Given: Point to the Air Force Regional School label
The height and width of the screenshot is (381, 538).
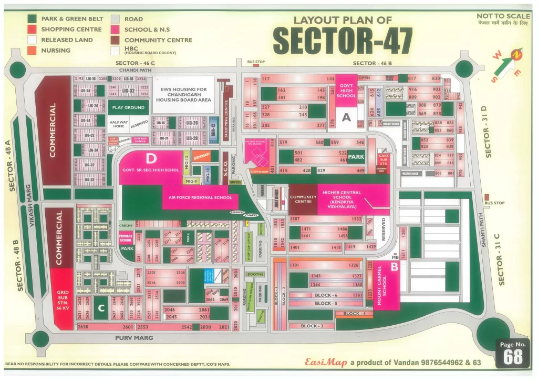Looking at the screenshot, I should (x=200, y=197).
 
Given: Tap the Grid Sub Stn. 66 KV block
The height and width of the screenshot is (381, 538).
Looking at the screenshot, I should (x=63, y=299).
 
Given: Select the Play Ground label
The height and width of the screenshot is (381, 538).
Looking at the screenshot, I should (x=128, y=107).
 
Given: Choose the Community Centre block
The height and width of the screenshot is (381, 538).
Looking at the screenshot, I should (x=303, y=199).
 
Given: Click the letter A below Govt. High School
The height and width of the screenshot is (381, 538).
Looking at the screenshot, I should (x=346, y=118).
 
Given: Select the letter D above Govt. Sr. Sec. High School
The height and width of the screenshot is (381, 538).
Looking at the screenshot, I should (x=152, y=158).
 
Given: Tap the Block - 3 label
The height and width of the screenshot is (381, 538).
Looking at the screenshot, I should (x=312, y=326).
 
